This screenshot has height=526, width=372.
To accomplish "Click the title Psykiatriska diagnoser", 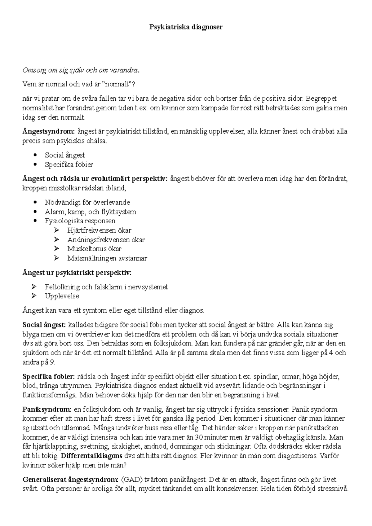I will pos(186,27).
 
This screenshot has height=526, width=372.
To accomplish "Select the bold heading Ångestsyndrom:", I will pos(49,131).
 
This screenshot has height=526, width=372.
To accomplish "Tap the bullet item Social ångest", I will pos(65,155).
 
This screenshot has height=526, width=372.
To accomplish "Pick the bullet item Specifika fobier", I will pos(69,164).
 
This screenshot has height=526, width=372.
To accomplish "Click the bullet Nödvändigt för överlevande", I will pos(87,202).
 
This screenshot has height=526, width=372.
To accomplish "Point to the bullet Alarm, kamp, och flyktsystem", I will pos(90,212).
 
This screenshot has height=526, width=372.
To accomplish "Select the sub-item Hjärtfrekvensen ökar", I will pos(99,230).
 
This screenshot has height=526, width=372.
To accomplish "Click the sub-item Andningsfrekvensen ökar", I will pos(106,239).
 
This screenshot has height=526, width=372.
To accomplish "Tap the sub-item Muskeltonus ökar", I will pos(94,248).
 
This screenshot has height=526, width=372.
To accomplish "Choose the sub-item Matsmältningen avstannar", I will pos(107,258).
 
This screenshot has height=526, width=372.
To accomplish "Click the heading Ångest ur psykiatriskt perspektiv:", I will pos(77,273).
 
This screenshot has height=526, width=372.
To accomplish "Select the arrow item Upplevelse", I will pos(62,296).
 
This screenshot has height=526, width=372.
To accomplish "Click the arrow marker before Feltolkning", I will pos(34,287).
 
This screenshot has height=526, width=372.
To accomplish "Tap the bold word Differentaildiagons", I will pos(91,456).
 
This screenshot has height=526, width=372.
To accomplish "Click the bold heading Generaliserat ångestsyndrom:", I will pos(70,480).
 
